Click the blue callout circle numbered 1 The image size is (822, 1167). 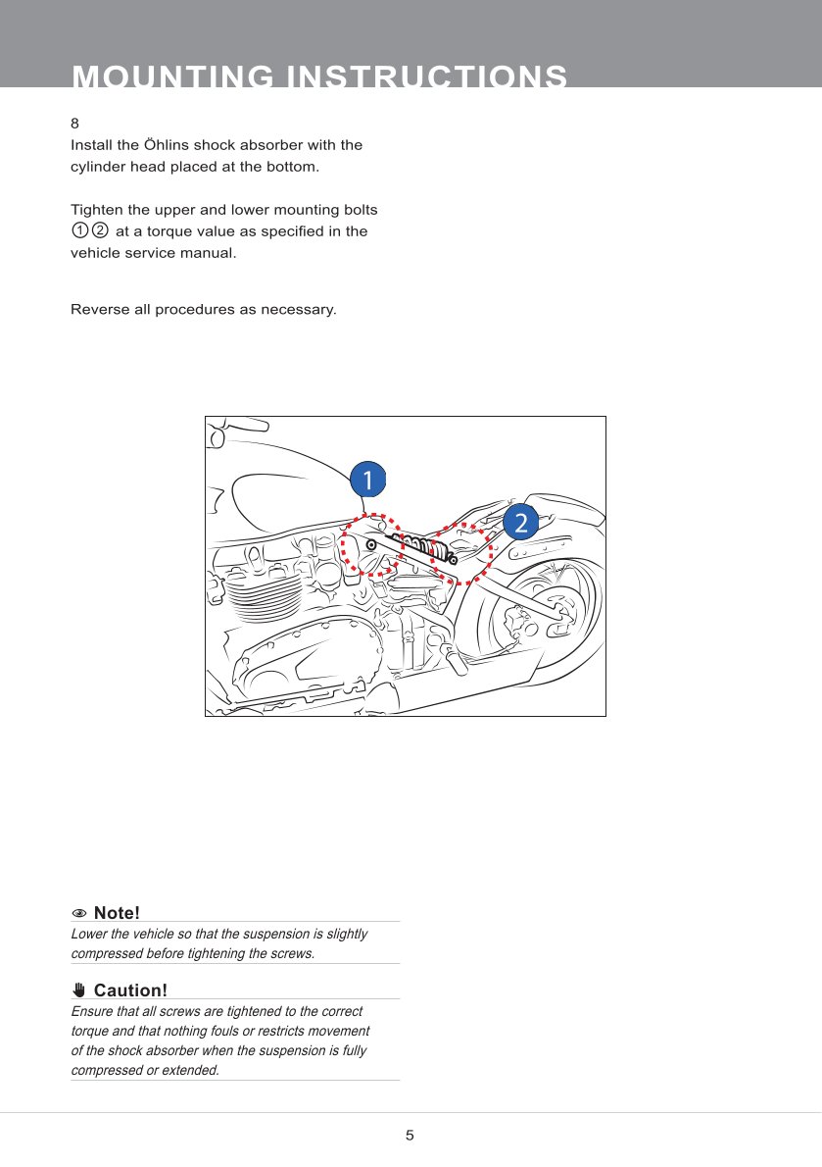(367, 480)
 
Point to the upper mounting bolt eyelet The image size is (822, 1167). (371, 543)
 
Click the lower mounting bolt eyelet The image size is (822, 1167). (454, 559)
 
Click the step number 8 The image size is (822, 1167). (74, 125)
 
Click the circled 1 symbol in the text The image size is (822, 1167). (79, 231)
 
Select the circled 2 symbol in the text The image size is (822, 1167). (99, 231)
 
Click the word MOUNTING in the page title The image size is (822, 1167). (169, 77)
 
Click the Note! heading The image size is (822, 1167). (117, 914)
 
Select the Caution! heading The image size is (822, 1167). (130, 990)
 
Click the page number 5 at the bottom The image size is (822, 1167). (410, 1136)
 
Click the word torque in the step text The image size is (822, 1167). (173, 231)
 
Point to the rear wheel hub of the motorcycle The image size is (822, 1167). (517, 620)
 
